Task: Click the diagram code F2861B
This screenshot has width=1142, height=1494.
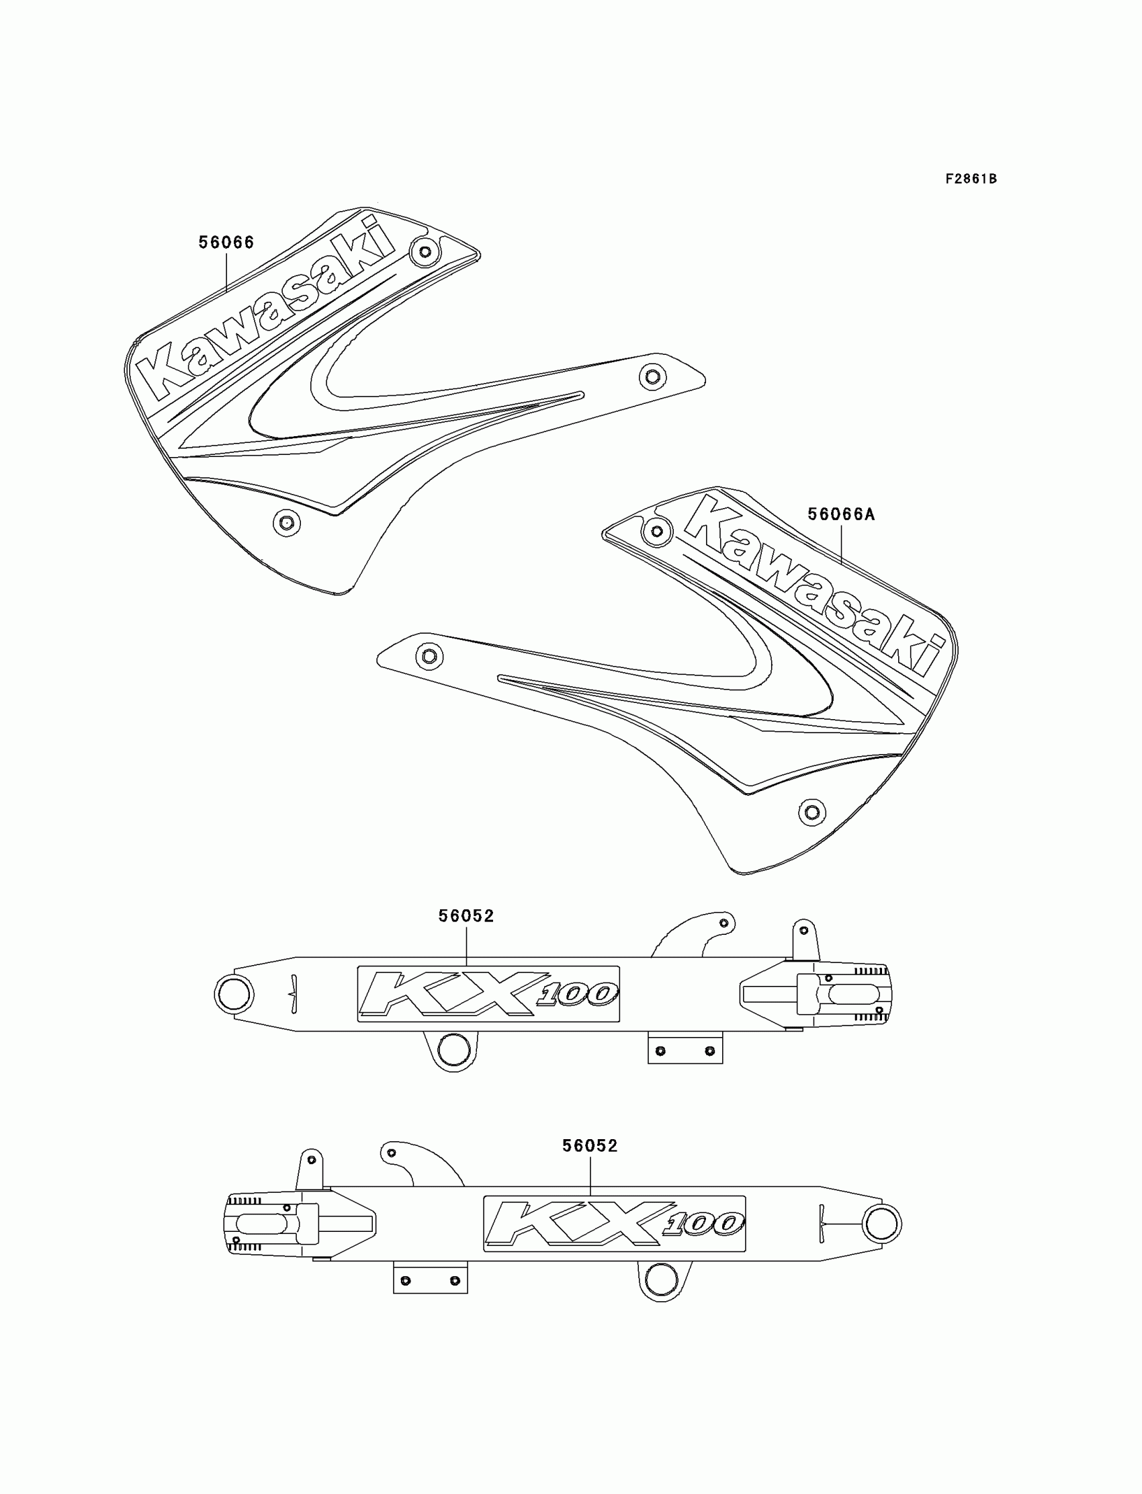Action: [x=971, y=179]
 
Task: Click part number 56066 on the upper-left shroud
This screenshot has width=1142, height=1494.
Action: [x=226, y=243]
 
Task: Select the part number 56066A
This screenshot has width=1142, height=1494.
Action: [x=841, y=515]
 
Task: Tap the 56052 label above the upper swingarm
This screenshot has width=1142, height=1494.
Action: [x=466, y=916]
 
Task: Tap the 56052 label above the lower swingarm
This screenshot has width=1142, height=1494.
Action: [x=589, y=1146]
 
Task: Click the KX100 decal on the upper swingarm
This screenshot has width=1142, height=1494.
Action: [x=488, y=994]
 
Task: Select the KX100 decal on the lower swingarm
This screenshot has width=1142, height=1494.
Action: [x=614, y=1223]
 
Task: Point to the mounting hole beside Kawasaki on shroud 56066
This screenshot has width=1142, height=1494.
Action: [x=425, y=252]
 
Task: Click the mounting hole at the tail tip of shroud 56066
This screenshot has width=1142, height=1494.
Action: [x=652, y=376]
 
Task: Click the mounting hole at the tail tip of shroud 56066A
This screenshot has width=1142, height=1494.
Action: [x=429, y=656]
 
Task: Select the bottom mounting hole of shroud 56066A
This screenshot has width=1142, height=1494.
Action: [x=811, y=812]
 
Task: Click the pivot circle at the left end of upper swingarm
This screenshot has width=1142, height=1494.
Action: [x=234, y=993]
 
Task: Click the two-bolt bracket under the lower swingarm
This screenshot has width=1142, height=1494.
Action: [x=431, y=1280]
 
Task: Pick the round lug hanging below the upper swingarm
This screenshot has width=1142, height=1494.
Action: [x=454, y=1050]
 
